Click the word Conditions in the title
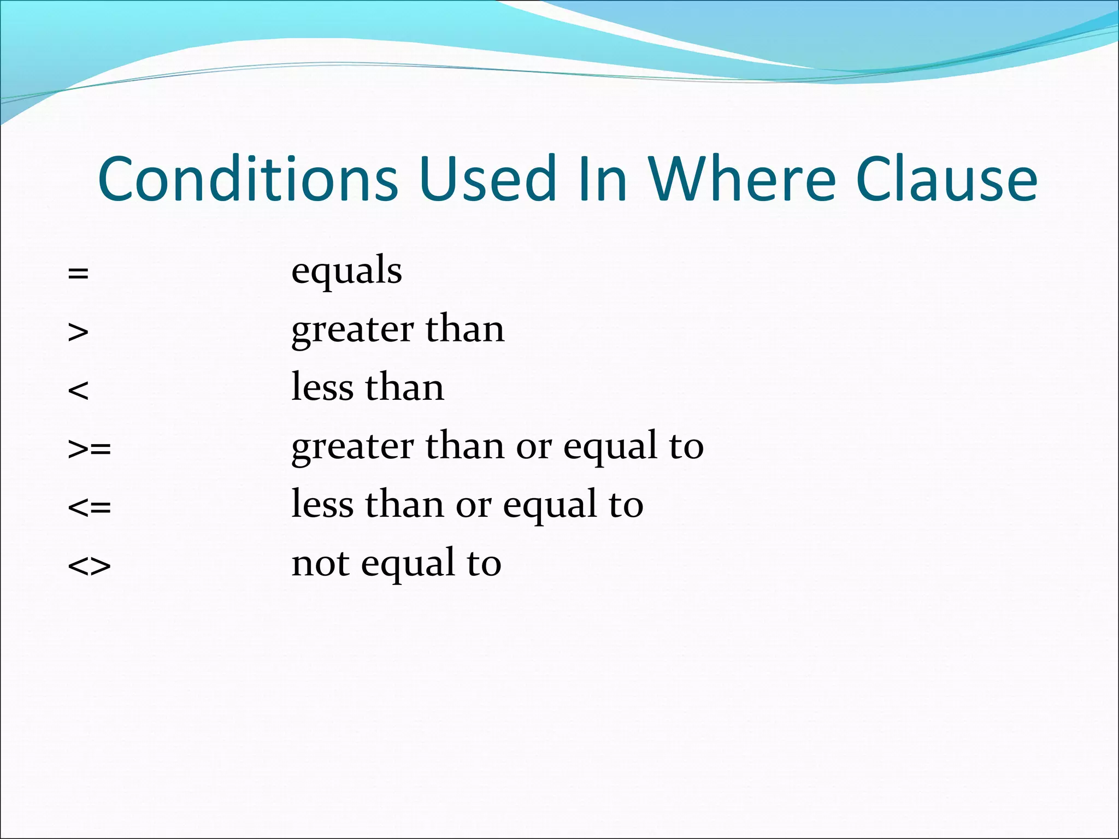click(x=248, y=179)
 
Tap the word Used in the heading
click(x=488, y=179)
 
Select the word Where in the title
click(x=742, y=179)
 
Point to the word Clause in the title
click(x=946, y=179)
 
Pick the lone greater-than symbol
click(x=78, y=332)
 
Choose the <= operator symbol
click(x=90, y=507)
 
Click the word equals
click(x=346, y=271)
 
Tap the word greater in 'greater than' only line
click(x=352, y=330)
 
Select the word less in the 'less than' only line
click(x=322, y=387)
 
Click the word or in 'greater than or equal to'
click(x=534, y=447)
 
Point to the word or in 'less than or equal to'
click(x=474, y=506)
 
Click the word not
click(x=320, y=564)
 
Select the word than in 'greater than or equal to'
click(x=465, y=446)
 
